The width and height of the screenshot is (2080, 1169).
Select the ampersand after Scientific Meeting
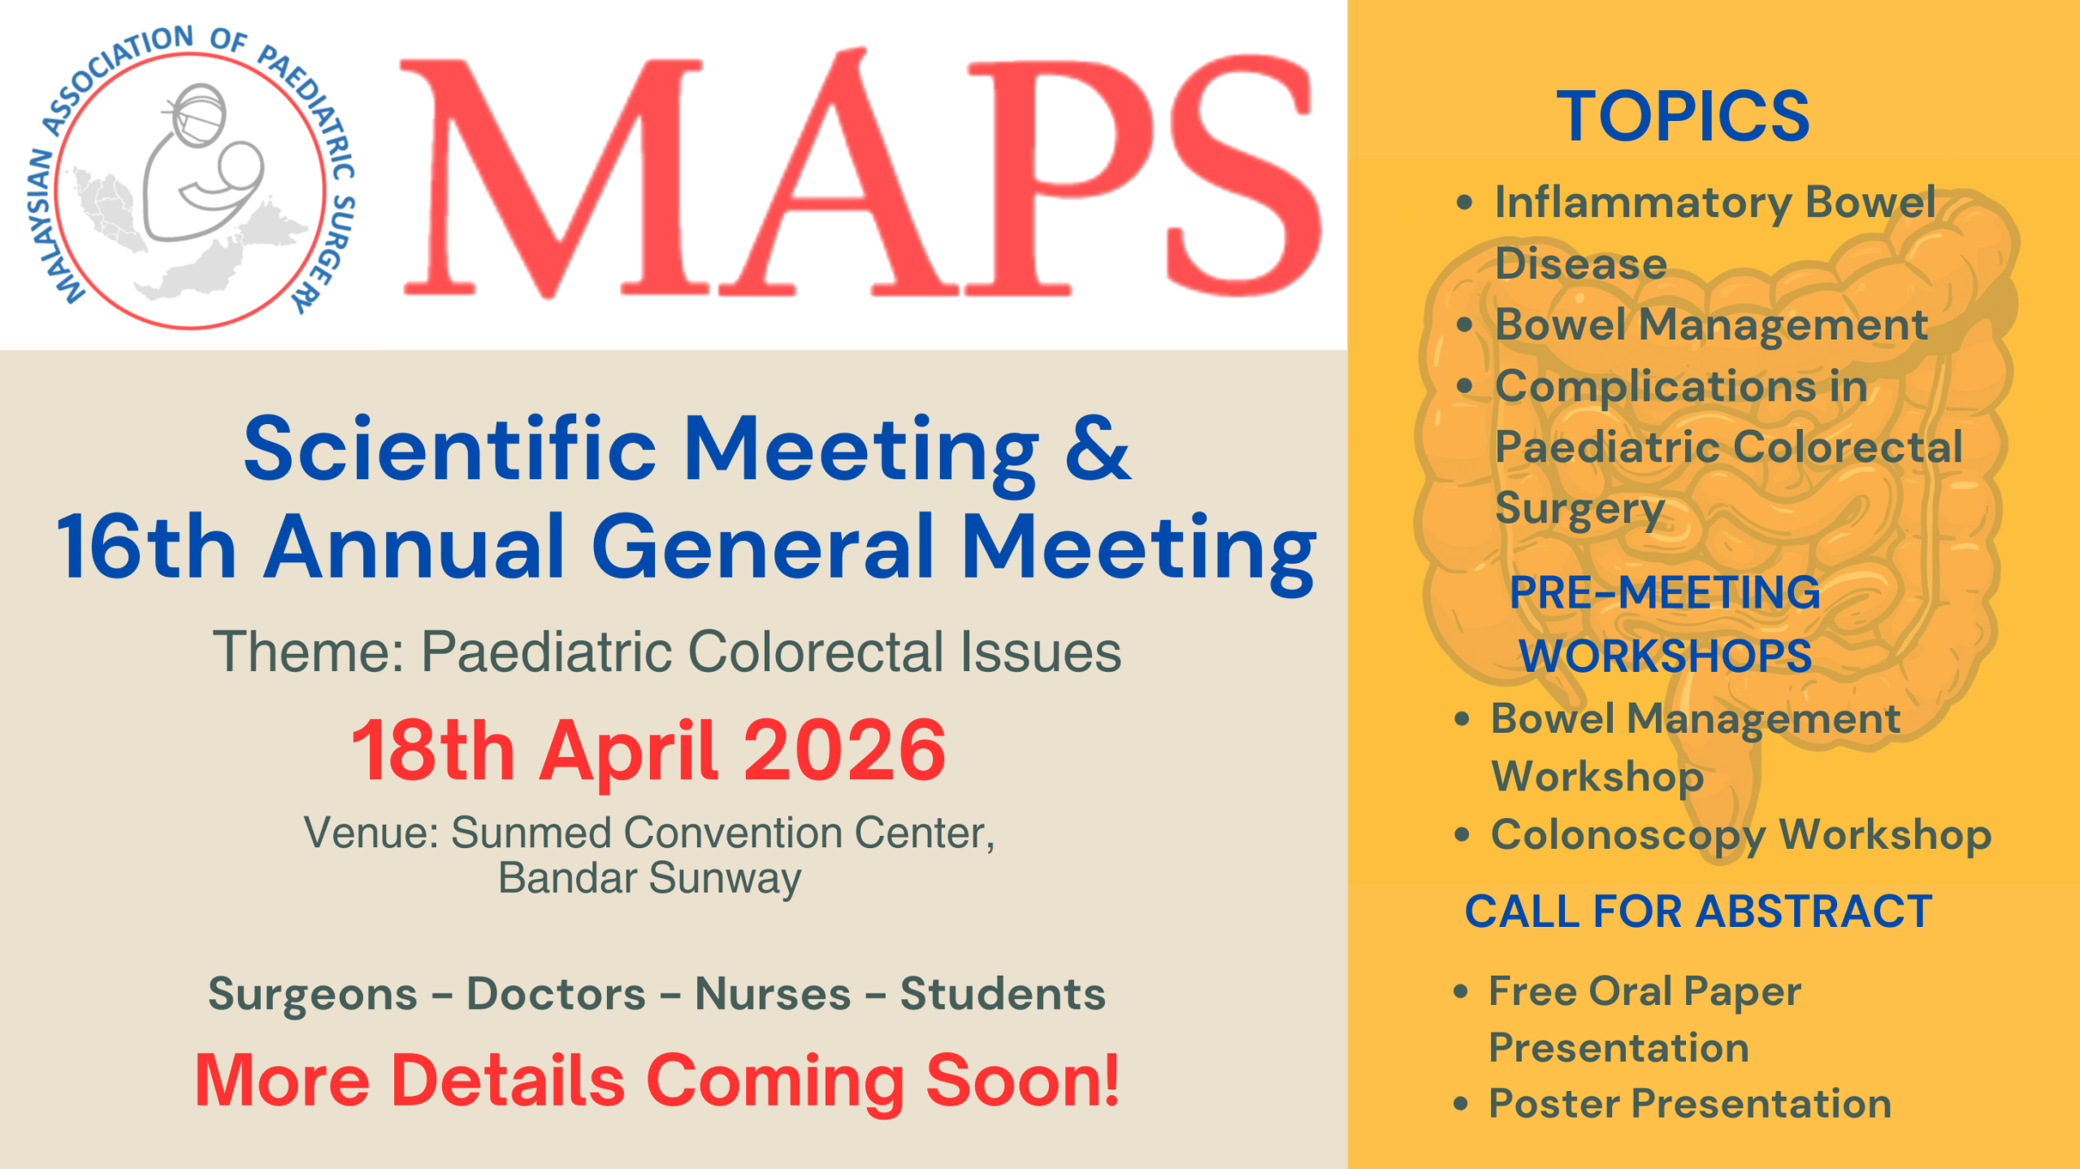point(1097,449)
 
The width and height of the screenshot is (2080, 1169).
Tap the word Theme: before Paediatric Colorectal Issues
point(309,652)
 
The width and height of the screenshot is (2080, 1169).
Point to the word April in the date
point(628,752)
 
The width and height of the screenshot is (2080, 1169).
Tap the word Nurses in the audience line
point(773,994)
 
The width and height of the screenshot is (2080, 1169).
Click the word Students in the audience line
point(1003,994)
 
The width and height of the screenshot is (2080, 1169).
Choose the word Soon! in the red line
point(1023,1080)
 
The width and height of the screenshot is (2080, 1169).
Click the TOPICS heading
point(1683,117)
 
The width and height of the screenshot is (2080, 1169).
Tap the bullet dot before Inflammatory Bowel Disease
point(1464,202)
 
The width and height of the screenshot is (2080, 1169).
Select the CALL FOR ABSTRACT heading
point(1698,911)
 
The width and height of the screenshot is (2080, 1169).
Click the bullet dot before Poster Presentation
point(1460,1104)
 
